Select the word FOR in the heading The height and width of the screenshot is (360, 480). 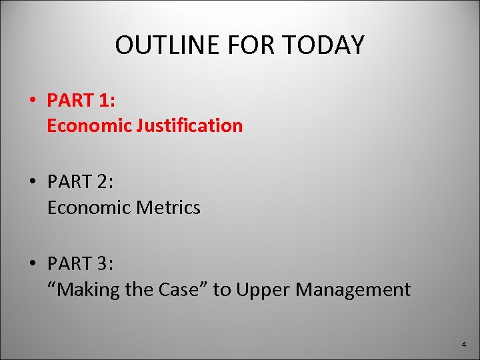click(247, 45)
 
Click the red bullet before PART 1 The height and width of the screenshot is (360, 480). click(32, 101)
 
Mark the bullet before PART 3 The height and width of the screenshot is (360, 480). click(32, 265)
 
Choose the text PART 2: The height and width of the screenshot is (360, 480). click(80, 182)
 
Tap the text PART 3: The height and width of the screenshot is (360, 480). click(80, 264)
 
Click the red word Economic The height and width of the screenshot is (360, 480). click(89, 125)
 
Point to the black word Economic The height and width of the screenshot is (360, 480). click(89, 207)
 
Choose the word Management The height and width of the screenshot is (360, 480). click(353, 289)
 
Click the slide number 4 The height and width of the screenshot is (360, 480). click(464, 345)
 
